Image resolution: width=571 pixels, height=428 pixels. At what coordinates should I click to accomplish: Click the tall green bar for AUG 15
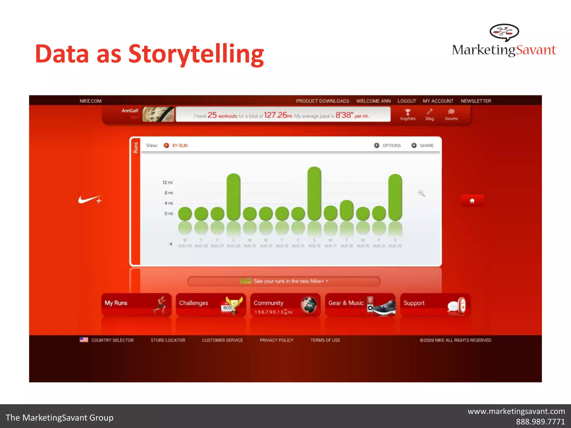[x=314, y=193]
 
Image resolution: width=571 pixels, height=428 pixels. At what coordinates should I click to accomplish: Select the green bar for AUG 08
[x=233, y=197]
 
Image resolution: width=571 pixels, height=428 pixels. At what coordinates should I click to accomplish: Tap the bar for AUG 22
[x=395, y=197]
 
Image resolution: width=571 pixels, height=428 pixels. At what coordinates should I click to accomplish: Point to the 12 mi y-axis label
[x=168, y=183]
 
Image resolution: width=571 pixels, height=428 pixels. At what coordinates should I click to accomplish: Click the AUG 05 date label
[x=185, y=246]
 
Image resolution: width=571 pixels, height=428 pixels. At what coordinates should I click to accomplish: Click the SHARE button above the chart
[x=423, y=145]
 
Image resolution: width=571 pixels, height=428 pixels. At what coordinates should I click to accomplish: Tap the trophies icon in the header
[x=408, y=112]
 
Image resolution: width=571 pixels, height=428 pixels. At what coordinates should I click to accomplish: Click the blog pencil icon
[x=430, y=112]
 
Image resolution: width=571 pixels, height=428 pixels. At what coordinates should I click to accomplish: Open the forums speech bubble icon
[x=451, y=112]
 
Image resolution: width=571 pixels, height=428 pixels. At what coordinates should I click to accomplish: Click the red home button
[x=472, y=201]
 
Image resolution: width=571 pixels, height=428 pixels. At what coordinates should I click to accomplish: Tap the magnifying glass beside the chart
[x=422, y=193]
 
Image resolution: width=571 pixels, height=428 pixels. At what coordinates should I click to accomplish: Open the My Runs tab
[x=136, y=305]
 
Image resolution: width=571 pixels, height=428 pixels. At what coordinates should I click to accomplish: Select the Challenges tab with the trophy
[x=211, y=305]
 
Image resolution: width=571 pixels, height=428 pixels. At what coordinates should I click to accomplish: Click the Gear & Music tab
[x=360, y=305]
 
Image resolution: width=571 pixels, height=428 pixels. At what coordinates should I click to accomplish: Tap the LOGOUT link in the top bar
[x=407, y=101]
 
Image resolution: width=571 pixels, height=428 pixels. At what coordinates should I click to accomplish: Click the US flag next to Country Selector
[x=84, y=340]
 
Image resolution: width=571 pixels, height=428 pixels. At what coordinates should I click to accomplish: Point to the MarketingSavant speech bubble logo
[x=504, y=32]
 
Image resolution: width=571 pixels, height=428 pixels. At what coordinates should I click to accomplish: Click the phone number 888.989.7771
[x=540, y=422]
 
